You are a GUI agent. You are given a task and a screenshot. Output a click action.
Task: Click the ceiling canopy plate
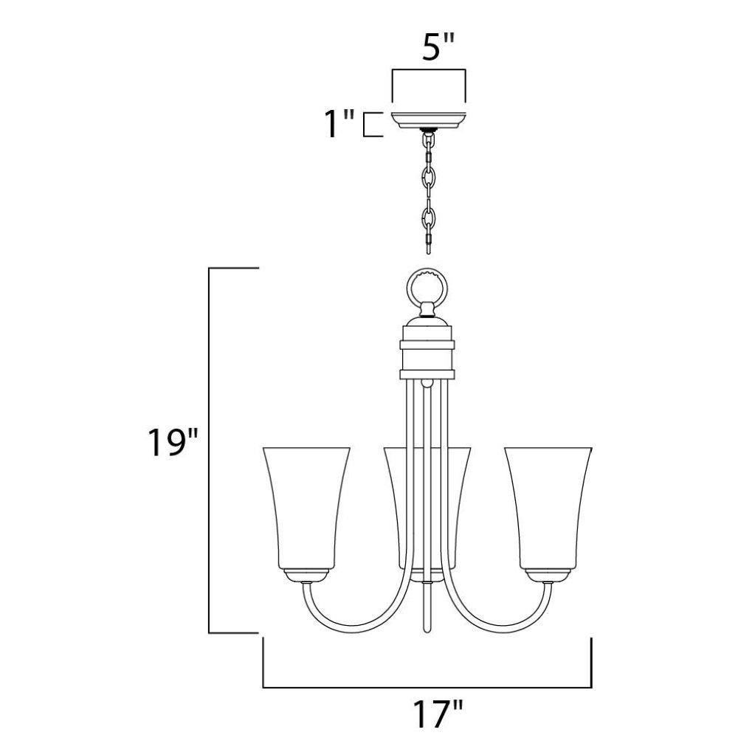pyautogui.click(x=428, y=120)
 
